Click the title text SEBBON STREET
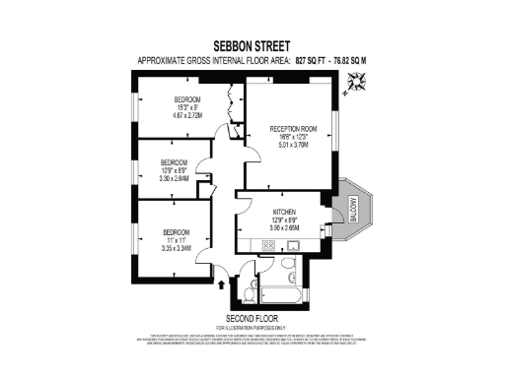click(252, 45)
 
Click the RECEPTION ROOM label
click(293, 127)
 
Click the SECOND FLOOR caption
click(252, 319)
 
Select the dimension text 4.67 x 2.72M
click(187, 115)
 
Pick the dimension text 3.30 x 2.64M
click(175, 179)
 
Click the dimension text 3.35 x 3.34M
click(175, 248)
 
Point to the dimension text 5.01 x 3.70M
click(293, 145)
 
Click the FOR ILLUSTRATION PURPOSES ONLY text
click(252, 328)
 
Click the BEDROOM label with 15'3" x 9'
click(187, 99)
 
